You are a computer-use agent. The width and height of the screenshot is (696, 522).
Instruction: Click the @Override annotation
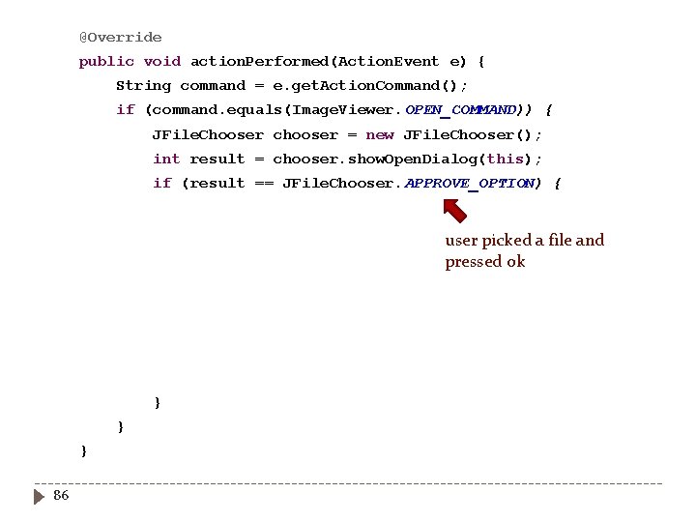[120, 38]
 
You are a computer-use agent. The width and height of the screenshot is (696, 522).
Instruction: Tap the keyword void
[162, 62]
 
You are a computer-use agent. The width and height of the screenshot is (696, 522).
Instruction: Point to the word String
[143, 86]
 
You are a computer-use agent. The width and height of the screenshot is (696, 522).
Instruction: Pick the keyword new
[380, 135]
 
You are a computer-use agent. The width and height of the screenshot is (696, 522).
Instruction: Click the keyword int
[166, 159]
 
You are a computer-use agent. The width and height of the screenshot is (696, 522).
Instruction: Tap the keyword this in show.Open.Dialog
[506, 159]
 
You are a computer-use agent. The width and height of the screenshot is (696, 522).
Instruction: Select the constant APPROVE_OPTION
[469, 184]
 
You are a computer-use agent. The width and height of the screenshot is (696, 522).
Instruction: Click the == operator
[264, 184]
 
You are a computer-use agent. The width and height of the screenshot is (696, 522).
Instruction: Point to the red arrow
[454, 210]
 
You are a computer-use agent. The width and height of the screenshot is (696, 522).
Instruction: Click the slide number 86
[61, 496]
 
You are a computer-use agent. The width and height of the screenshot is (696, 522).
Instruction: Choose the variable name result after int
[217, 159]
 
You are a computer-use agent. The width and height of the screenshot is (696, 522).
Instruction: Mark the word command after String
[213, 86]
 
